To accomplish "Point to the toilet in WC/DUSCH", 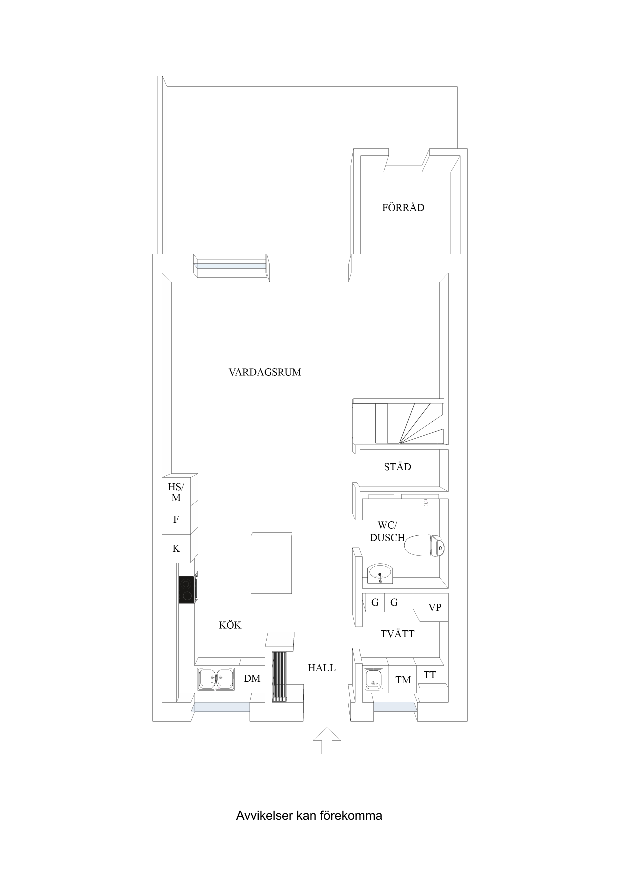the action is click(x=424, y=545).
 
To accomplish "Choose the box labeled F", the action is click(x=176, y=520).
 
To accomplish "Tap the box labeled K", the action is click(x=176, y=548).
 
